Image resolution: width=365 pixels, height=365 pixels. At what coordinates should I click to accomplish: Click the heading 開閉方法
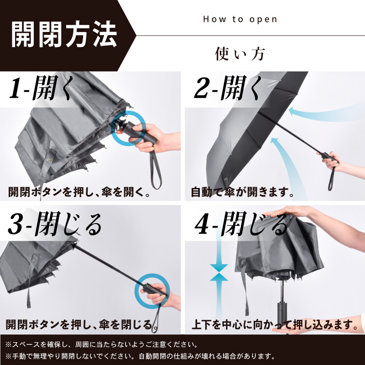tap(63, 35)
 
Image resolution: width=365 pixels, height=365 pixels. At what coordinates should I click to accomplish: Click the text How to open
tap(240, 19)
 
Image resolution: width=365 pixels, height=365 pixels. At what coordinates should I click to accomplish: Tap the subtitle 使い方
tap(240, 54)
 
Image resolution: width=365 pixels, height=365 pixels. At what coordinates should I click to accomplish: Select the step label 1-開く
tap(42, 89)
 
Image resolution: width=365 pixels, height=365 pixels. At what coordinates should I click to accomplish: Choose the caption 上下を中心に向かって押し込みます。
tap(274, 325)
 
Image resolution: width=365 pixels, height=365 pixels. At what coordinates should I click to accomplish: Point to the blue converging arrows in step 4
tap(219, 273)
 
